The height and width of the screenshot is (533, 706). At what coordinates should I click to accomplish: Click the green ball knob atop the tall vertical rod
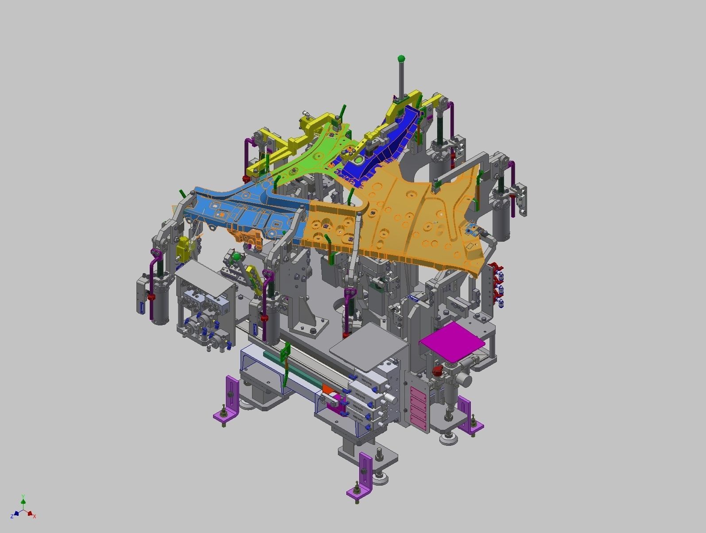click(x=401, y=58)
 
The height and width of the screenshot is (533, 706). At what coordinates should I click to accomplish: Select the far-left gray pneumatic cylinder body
click(x=159, y=305)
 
